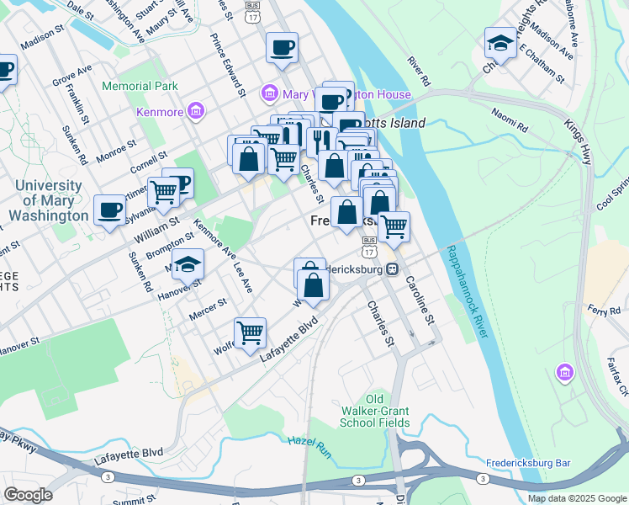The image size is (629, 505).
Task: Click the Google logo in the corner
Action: [x=28, y=495]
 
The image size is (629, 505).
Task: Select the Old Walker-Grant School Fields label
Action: [x=376, y=411]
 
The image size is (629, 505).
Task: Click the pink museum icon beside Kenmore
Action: [x=195, y=111]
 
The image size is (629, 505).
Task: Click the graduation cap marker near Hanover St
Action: [x=188, y=264]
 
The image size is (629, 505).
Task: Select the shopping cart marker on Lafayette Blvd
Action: [x=250, y=333]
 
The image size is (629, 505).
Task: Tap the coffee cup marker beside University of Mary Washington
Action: [x=108, y=210]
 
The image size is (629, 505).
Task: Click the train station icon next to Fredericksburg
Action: [x=392, y=269]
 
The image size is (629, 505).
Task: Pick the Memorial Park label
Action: [x=140, y=86]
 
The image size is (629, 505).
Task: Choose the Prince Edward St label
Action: [x=228, y=63]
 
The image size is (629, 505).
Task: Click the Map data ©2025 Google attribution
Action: [x=576, y=498]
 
